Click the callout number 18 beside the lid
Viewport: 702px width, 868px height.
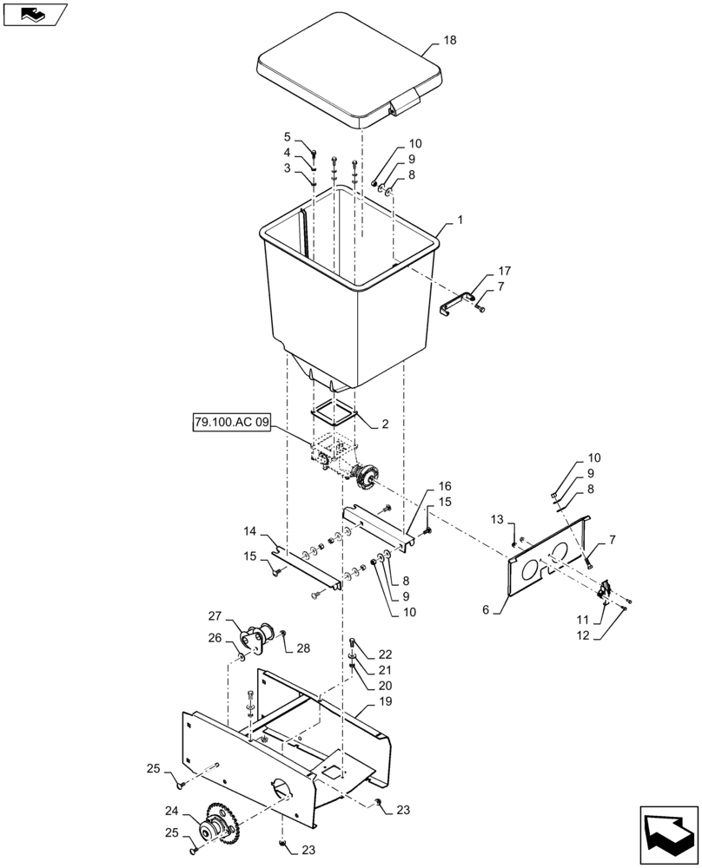coord(449,41)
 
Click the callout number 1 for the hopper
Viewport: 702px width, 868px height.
coord(460,221)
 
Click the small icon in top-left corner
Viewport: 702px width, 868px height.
coord(34,13)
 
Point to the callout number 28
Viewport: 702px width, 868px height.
coord(302,648)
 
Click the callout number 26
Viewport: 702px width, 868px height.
coord(215,638)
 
